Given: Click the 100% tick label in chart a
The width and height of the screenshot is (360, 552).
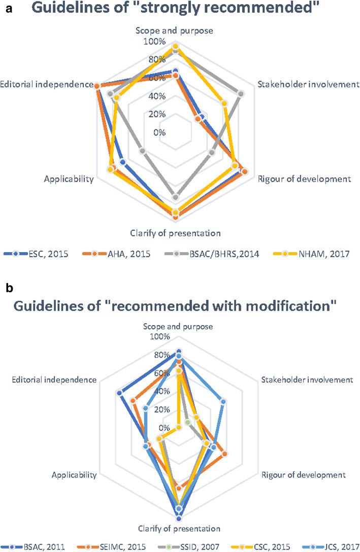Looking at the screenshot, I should (154, 41).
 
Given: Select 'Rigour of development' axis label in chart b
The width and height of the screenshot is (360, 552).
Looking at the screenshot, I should (304, 475).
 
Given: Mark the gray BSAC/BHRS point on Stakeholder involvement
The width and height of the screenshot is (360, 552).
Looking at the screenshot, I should (241, 93).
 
